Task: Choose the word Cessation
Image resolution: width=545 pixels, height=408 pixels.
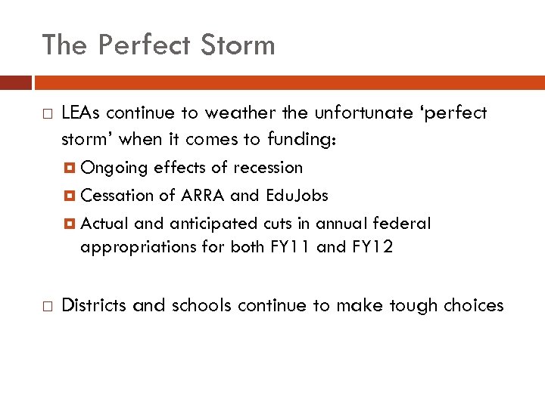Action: coord(117,196)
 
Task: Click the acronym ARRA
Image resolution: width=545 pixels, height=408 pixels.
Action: coord(203,196)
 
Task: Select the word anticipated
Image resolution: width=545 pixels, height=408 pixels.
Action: coord(209,224)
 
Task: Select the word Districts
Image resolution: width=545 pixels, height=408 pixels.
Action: coord(95,305)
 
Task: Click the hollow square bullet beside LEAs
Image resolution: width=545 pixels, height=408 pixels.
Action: coord(47,114)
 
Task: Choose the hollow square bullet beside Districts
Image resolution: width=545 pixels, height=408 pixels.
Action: coord(47,306)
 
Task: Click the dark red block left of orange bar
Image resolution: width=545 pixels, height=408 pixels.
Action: coord(15,82)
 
